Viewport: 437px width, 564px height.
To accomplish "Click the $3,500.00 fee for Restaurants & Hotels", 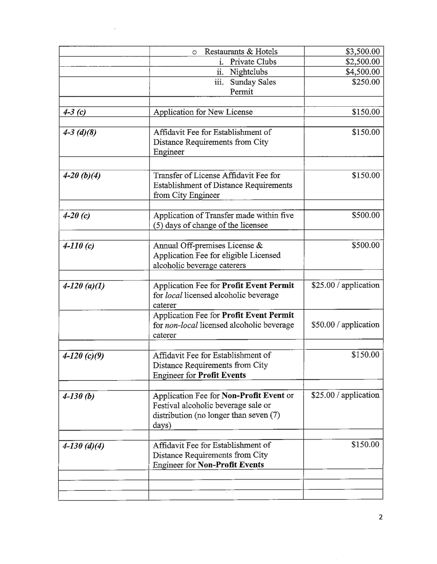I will point(362,52).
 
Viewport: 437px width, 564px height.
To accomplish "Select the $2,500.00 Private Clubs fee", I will point(362,62).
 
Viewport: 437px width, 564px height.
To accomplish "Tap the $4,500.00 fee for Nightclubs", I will point(362,72).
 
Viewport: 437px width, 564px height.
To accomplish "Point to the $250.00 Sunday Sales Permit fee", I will point(365,82).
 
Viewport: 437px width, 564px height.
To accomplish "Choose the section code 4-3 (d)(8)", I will point(79,133).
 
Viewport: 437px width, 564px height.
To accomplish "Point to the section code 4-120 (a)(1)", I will point(84,286).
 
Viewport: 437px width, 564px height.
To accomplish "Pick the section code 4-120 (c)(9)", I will point(83,355).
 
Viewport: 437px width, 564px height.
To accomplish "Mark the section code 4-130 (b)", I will point(79,396).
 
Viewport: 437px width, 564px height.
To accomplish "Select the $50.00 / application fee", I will point(345,325).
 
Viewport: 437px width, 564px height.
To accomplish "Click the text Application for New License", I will point(203,112).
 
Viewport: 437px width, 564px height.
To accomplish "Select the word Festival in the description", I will point(167,406).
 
